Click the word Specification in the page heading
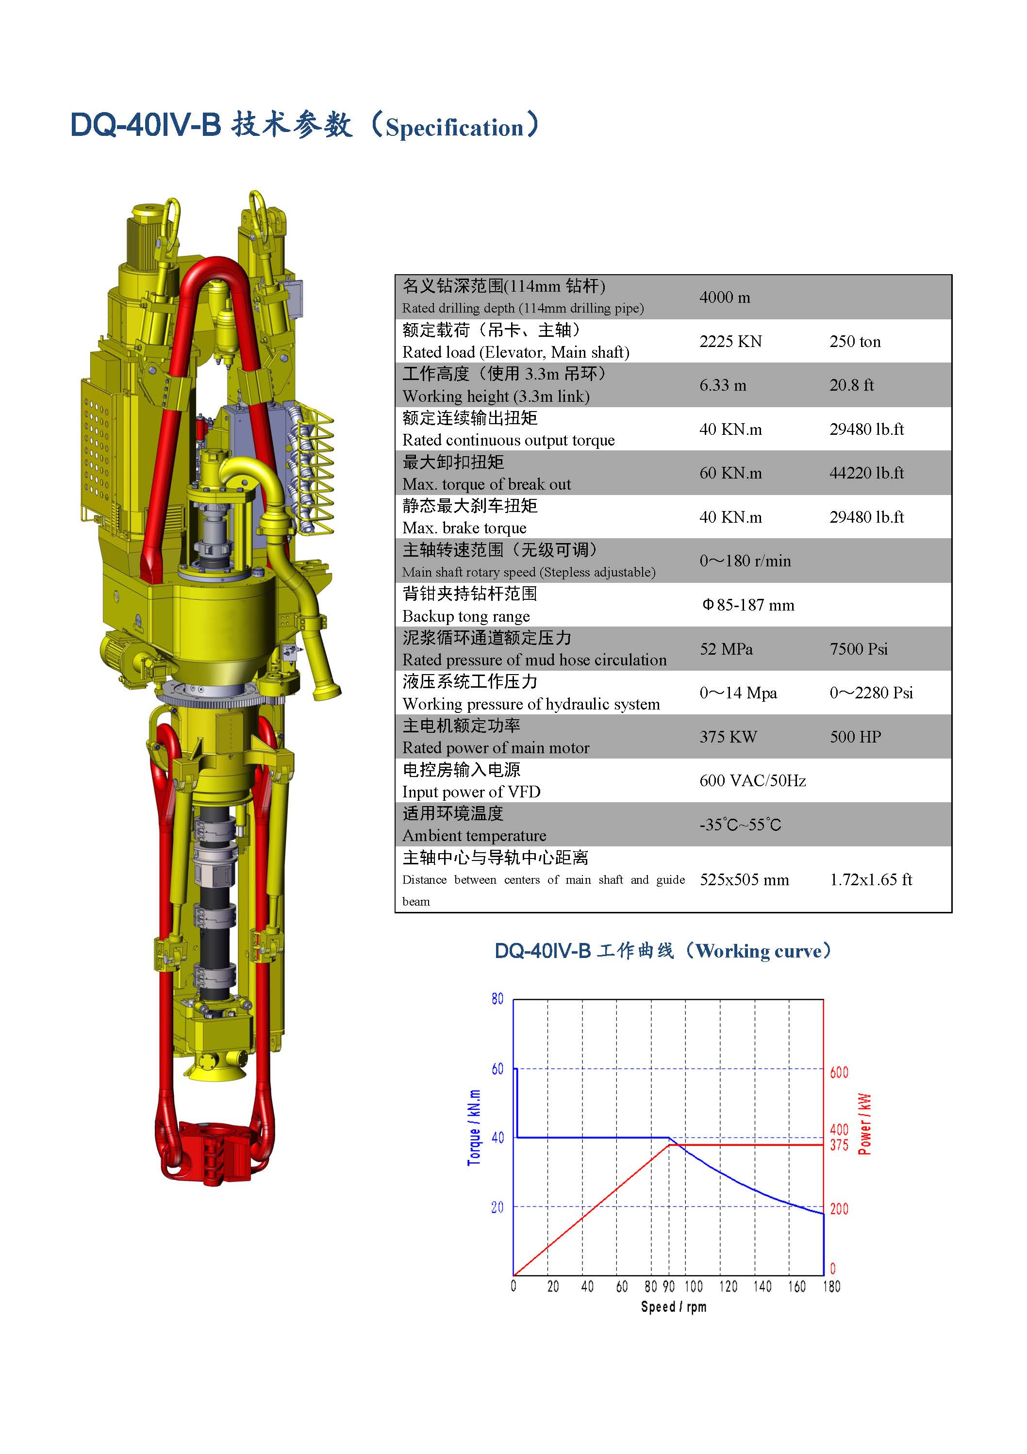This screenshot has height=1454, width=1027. (455, 128)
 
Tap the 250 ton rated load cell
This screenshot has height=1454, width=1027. (855, 342)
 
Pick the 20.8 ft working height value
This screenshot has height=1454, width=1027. (852, 385)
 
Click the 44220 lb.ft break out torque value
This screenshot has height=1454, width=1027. (867, 473)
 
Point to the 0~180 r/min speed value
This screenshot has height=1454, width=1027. (745, 561)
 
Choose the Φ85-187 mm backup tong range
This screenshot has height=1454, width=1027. (748, 605)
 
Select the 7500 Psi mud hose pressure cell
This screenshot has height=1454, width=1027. (859, 649)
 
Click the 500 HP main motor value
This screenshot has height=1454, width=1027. (855, 737)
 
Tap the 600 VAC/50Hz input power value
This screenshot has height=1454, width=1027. (753, 781)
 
